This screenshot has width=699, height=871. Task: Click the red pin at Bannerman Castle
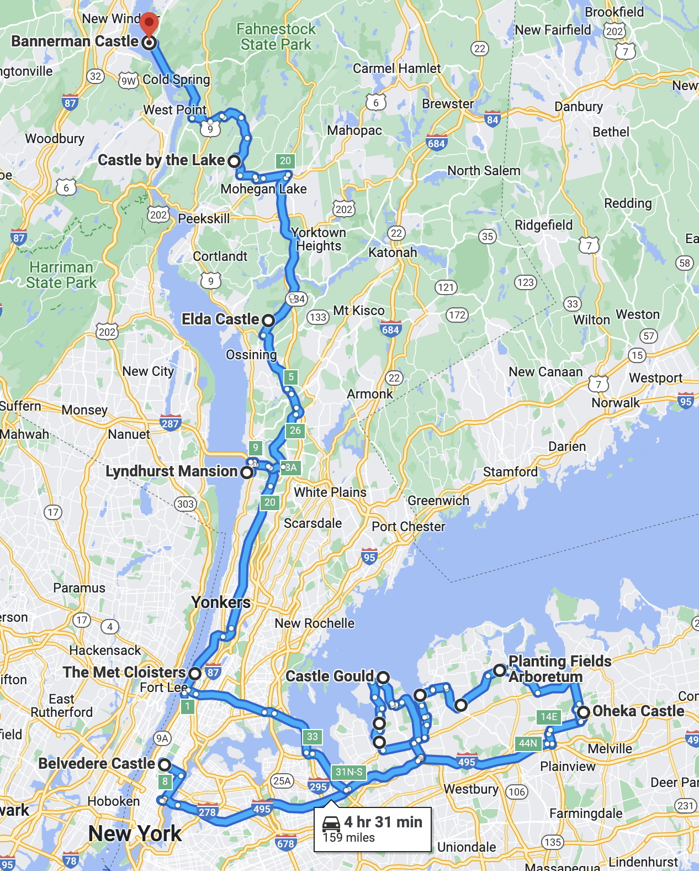[149, 24]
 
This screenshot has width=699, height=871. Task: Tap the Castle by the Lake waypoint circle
[234, 161]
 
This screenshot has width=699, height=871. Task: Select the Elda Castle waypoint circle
[268, 320]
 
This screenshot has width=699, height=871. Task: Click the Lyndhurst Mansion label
[171, 471]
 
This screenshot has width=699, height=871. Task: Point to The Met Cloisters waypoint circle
[195, 673]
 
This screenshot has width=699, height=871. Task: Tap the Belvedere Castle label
[97, 764]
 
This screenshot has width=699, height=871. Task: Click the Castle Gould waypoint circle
[383, 677]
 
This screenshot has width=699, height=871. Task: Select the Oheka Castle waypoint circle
[583, 712]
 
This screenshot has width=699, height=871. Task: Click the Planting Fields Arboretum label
[559, 669]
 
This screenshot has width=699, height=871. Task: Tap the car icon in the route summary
[331, 823]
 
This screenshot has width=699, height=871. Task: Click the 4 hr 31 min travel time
[383, 822]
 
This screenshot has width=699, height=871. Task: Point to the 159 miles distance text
[349, 838]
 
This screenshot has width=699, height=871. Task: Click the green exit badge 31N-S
[349, 772]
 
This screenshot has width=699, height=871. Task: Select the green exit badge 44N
[528, 743]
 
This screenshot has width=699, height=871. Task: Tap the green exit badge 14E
[549, 717]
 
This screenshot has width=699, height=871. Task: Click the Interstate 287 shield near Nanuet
[170, 423]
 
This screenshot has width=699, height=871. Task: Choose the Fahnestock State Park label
[276, 36]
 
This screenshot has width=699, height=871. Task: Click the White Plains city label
[330, 492]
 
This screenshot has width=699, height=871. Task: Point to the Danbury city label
[579, 107]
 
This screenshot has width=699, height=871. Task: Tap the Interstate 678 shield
[285, 843]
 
